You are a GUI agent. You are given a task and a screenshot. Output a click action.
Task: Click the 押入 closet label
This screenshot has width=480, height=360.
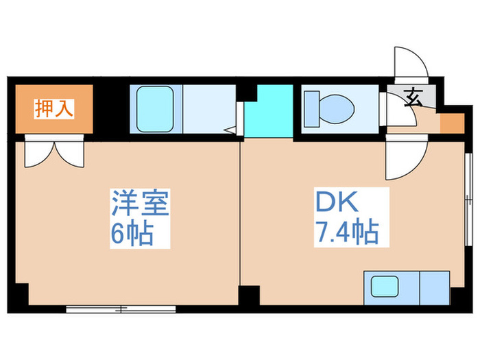click(53, 108)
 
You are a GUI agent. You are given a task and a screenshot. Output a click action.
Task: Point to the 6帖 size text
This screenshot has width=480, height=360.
click(131, 235)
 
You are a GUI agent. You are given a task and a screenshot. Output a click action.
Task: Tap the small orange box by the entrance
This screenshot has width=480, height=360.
click(450, 123)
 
